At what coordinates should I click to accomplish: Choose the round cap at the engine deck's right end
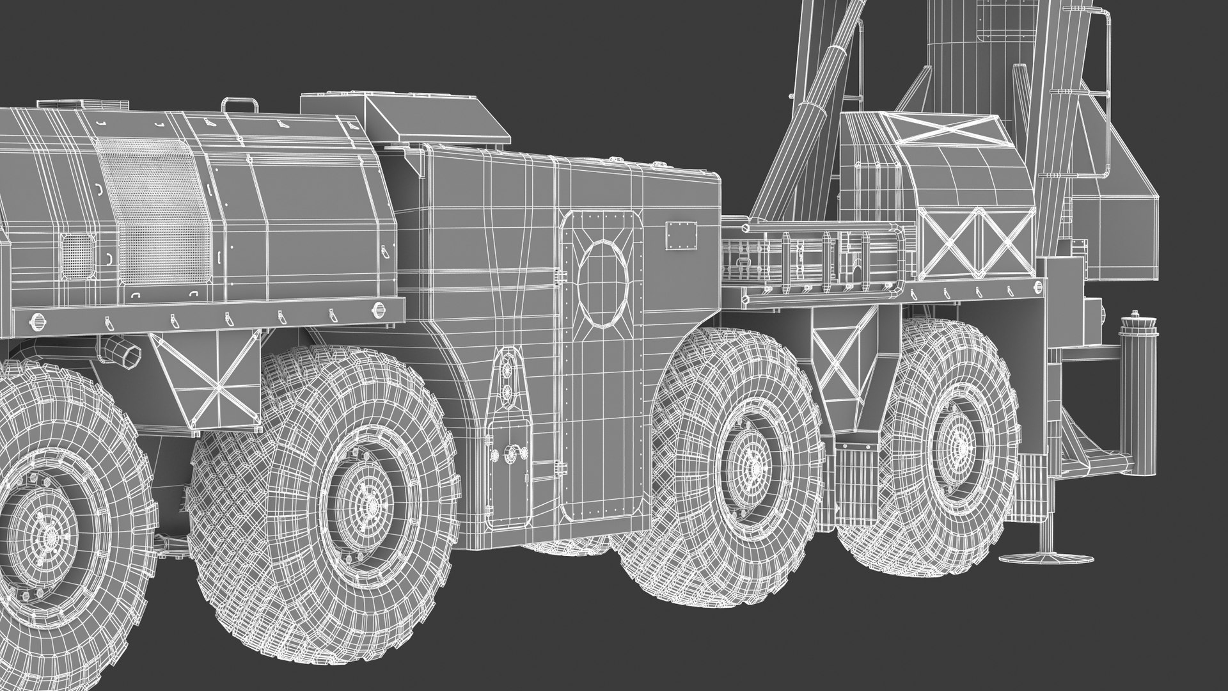click(380, 311)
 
